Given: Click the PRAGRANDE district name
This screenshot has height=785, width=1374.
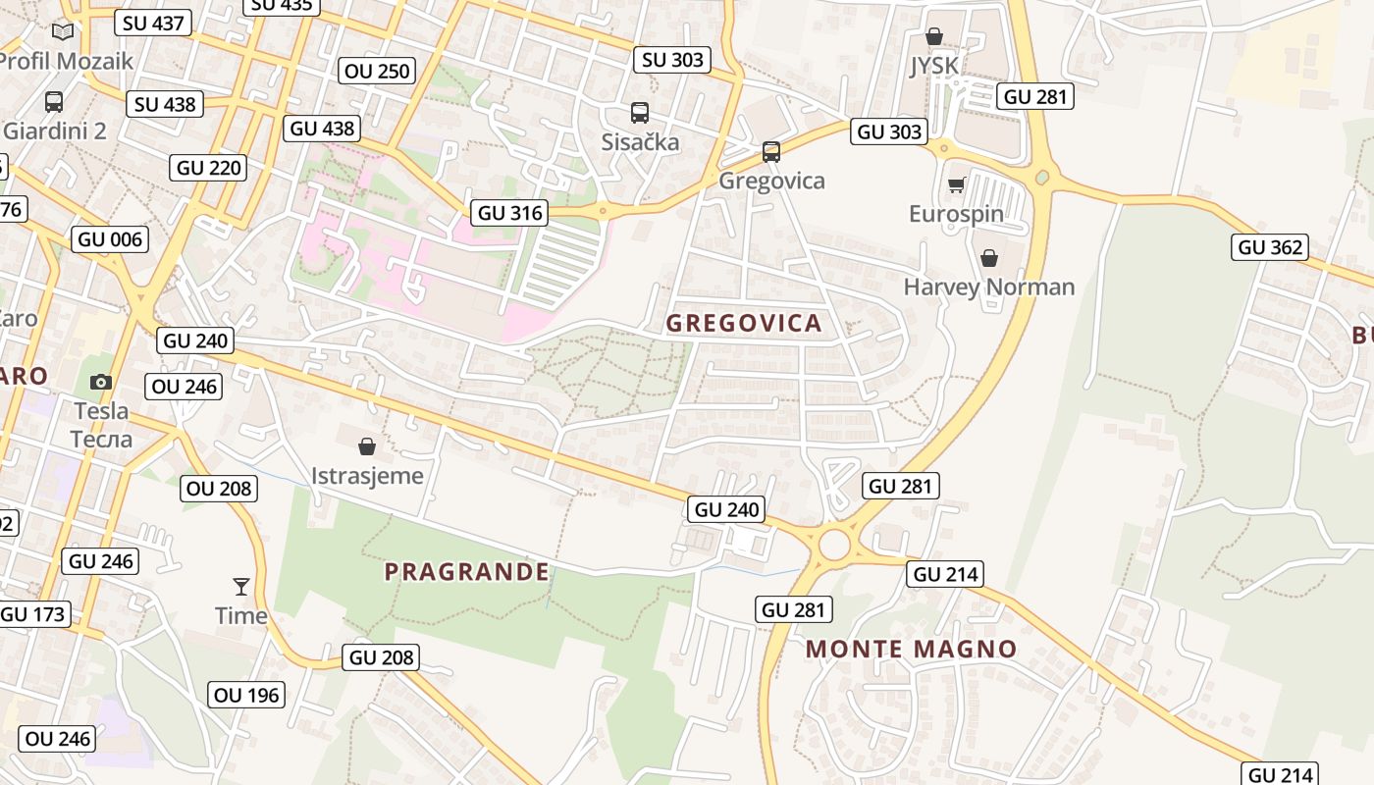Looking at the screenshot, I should (466, 571).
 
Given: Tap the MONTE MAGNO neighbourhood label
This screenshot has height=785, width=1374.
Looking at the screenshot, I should (911, 649).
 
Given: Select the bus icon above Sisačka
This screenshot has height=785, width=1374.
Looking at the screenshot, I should (640, 113).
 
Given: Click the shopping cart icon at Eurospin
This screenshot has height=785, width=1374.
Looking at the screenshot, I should (956, 184).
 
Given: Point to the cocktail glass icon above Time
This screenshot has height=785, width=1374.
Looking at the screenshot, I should (241, 587).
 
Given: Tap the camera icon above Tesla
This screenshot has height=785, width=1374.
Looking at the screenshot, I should (100, 382).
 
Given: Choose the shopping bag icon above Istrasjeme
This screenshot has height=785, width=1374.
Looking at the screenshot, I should (367, 446).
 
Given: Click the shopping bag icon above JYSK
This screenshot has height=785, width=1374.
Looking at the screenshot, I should (934, 36).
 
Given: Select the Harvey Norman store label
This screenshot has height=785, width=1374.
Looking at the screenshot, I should (989, 287).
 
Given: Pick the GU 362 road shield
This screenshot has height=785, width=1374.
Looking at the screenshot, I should (1271, 247).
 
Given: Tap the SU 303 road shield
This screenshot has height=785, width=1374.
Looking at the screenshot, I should (672, 60).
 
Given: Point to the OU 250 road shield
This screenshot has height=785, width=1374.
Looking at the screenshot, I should (378, 71).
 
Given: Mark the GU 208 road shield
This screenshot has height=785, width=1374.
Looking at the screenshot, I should (383, 657).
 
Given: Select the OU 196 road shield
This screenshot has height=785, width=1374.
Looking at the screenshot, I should (247, 695).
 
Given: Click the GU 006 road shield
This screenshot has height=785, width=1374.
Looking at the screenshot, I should (110, 239).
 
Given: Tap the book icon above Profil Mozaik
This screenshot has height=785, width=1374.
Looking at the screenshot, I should (63, 31).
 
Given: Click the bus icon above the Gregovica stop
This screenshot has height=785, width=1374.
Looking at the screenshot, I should (771, 151).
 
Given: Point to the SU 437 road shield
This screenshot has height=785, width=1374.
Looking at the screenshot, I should (154, 23).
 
